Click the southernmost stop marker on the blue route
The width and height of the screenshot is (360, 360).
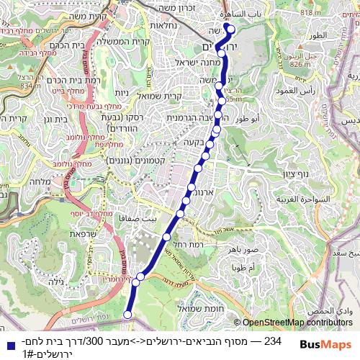[x=128, y=314]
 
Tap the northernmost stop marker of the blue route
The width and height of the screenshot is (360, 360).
[x=232, y=31]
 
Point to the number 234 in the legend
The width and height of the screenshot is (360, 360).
[x=272, y=342]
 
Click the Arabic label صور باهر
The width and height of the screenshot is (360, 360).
[x=242, y=249]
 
